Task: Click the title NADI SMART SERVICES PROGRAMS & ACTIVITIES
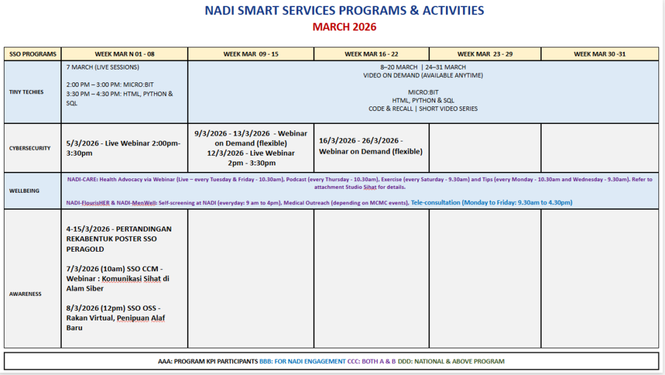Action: coord(344,11)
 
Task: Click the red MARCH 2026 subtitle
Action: coord(344,27)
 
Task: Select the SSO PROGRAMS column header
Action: coord(32,54)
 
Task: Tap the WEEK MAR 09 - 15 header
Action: coord(251,54)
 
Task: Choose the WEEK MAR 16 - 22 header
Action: coord(371,54)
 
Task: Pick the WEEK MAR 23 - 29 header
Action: coord(484,54)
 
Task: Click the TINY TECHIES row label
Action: coord(27,92)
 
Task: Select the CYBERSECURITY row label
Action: coord(30,149)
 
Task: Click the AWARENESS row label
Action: coord(25,294)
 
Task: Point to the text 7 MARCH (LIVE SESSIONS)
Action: coord(103,67)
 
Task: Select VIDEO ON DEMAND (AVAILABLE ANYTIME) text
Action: coord(423,75)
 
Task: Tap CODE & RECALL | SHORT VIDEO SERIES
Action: coord(423,109)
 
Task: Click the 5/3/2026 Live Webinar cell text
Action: coord(123,148)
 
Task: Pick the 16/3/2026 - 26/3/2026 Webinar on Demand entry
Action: coord(370,146)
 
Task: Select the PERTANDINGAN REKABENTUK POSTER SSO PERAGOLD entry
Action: coord(118,239)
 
